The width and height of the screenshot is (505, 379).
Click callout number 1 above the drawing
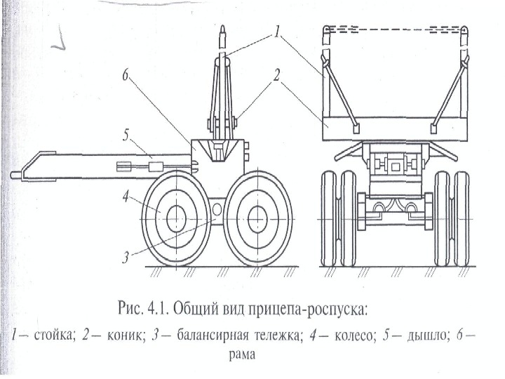[278, 31]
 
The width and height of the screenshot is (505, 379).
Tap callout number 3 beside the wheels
[126, 258]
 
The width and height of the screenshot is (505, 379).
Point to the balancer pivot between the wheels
[215, 209]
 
